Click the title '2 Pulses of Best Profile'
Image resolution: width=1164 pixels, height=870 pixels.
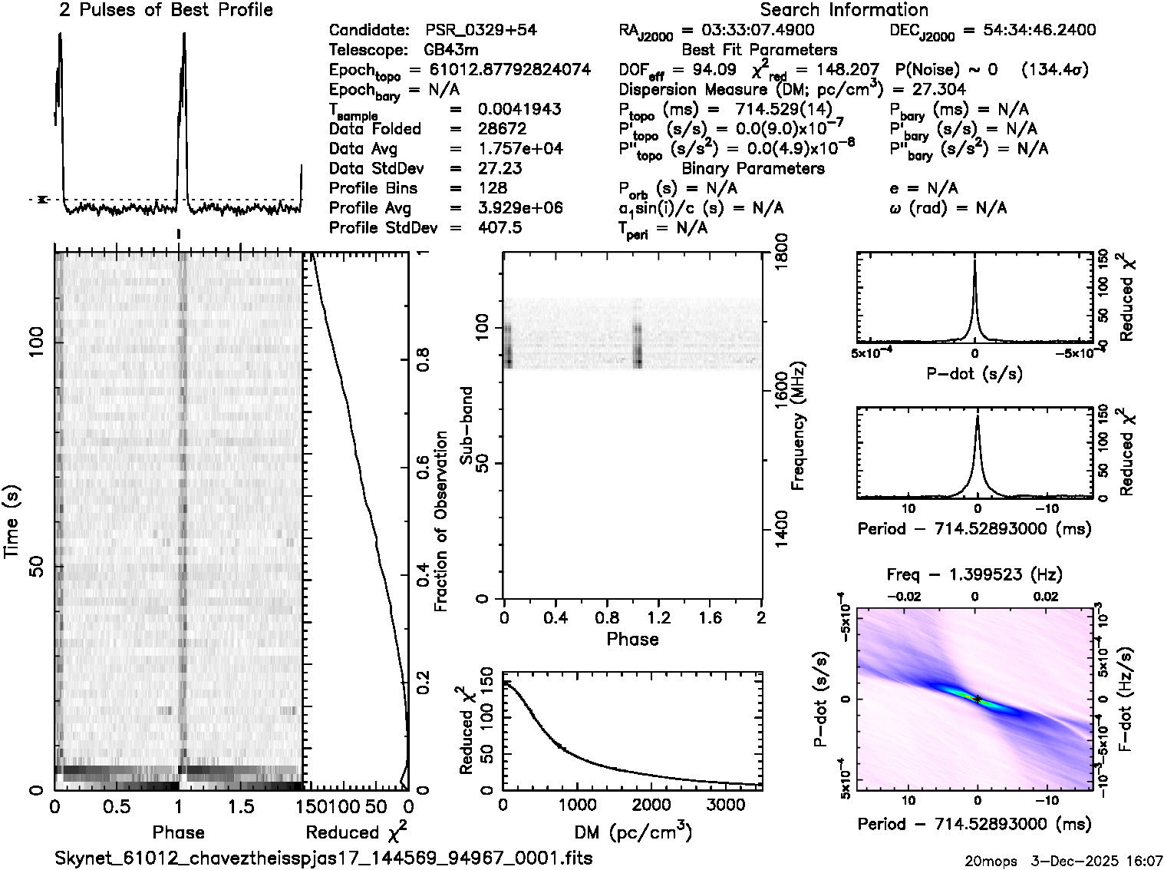(166, 11)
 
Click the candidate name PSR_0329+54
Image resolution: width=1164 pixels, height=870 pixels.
(481, 31)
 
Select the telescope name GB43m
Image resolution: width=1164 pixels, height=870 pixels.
(451, 51)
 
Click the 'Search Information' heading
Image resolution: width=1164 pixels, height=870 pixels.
(844, 11)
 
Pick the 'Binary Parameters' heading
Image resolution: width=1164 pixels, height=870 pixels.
(753, 169)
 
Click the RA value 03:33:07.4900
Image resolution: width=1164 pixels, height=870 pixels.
(748, 31)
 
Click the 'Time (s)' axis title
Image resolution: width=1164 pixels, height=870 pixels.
(13, 521)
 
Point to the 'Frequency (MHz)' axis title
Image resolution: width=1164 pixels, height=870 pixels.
(798, 427)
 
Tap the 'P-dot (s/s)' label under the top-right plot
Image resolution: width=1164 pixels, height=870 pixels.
(974, 374)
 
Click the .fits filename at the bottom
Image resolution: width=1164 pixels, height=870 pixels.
(324, 858)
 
